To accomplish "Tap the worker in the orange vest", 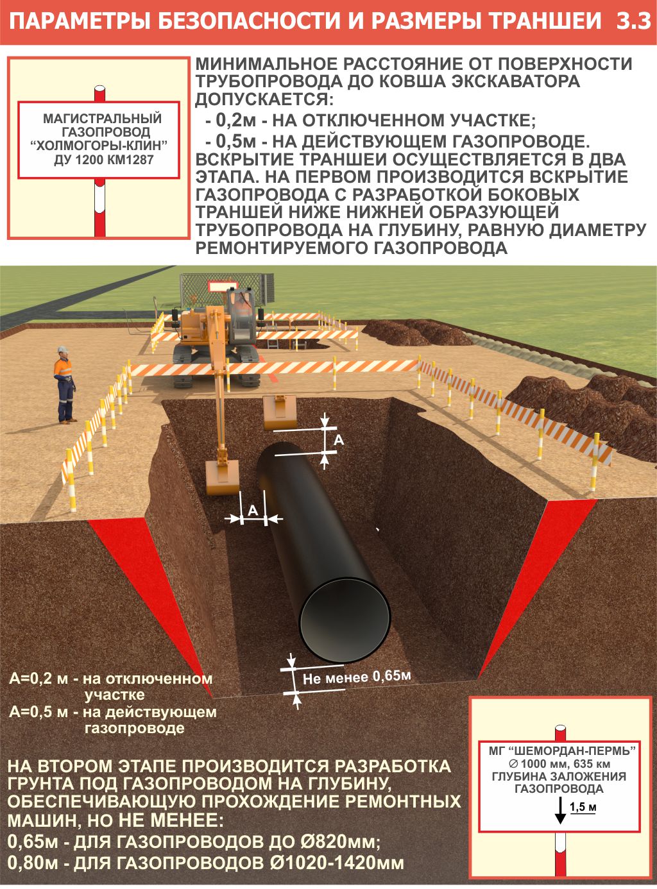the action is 64,385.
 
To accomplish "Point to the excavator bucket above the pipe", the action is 279,412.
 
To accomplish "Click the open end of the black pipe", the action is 345,620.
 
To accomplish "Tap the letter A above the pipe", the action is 339,440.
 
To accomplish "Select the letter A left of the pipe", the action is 253,510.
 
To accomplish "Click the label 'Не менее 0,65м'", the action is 356,677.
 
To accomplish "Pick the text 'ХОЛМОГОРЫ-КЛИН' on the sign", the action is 103,146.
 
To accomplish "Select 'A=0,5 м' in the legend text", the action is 38,712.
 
